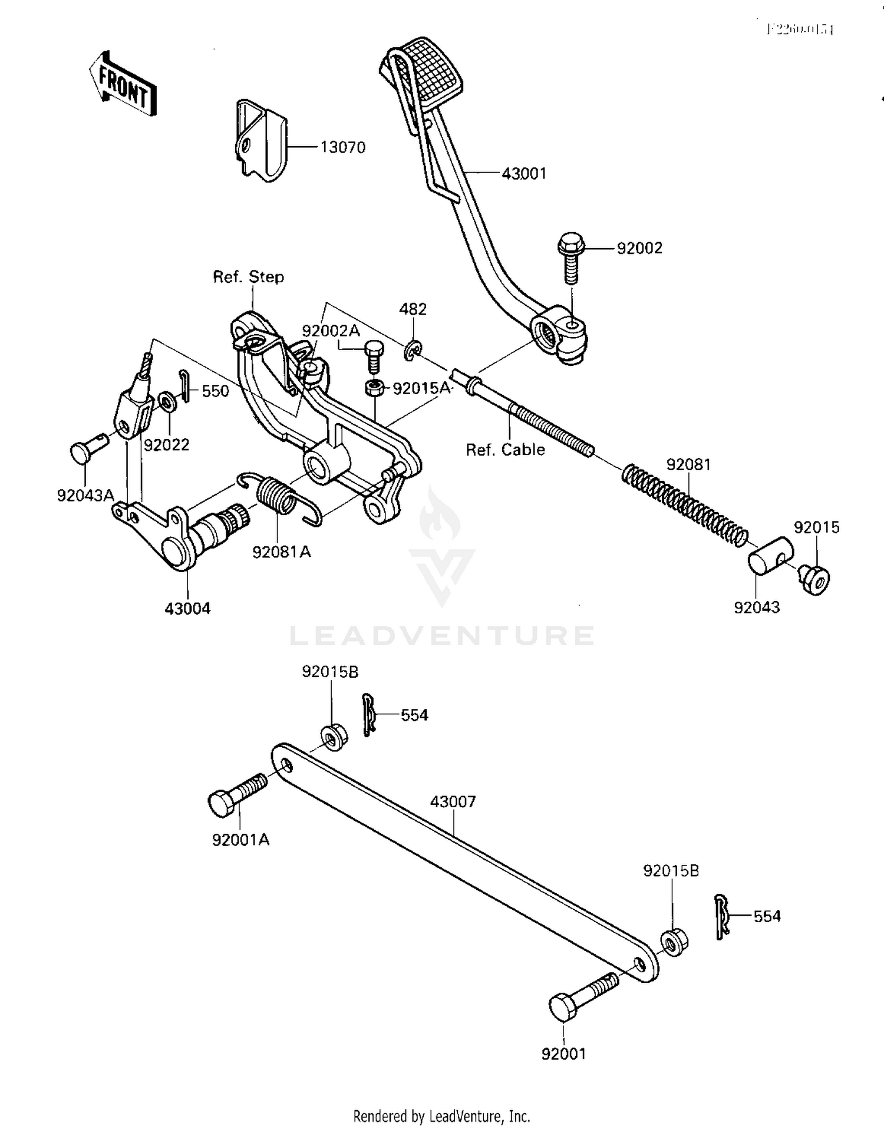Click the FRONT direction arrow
click(x=123, y=84)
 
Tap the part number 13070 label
click(x=343, y=147)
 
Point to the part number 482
click(x=413, y=309)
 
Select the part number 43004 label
click(x=187, y=609)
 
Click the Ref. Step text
click(x=248, y=277)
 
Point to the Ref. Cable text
click(x=505, y=450)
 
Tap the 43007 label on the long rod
click(x=453, y=801)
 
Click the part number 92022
click(x=167, y=445)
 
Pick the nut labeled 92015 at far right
click(x=816, y=579)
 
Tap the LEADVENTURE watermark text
click(x=442, y=635)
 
